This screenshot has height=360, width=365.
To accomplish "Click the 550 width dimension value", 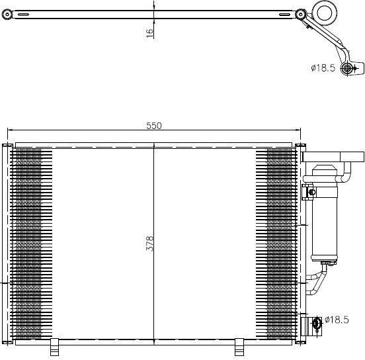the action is (x=153, y=126).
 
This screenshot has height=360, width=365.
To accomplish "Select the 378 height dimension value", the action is (x=149, y=244).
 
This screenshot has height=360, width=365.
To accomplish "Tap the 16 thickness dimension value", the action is (x=149, y=33).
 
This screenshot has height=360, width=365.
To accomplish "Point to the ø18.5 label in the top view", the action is (x=323, y=68).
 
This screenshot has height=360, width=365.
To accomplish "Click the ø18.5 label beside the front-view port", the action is (x=337, y=320).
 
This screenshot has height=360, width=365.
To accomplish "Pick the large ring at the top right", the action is (x=325, y=13).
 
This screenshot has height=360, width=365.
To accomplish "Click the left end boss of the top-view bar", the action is (x=7, y=15).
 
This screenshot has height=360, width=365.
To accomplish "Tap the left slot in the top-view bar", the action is (x=23, y=15).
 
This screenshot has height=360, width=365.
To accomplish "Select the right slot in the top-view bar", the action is (x=284, y=15).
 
